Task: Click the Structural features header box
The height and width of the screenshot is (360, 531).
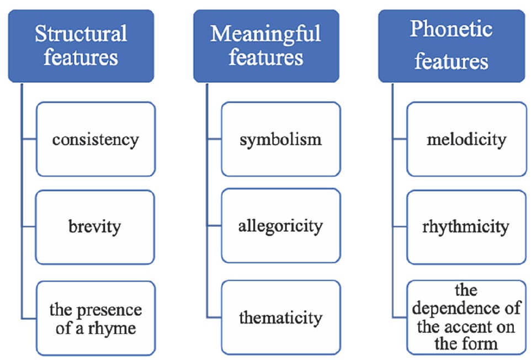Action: click(x=81, y=45)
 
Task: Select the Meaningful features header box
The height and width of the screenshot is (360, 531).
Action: click(x=265, y=45)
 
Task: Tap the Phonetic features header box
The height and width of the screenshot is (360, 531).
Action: click(x=451, y=45)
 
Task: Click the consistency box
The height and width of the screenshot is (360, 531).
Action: click(x=95, y=139)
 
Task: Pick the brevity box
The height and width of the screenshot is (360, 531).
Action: click(x=95, y=226)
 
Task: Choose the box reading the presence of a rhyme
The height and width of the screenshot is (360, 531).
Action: click(x=95, y=318)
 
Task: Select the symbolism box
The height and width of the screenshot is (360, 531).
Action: click(x=280, y=139)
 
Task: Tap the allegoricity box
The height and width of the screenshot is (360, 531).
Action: click(x=280, y=226)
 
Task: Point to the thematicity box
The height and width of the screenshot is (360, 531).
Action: click(x=280, y=318)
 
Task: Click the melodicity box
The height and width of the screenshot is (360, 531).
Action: click(x=466, y=139)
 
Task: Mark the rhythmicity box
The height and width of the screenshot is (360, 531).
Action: click(x=466, y=226)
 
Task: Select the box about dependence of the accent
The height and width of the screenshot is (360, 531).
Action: click(x=466, y=317)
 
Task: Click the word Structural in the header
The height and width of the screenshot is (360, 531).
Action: click(x=81, y=34)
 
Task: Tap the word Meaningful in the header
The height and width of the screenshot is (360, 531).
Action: click(x=265, y=34)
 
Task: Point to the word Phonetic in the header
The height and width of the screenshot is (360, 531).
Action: click(x=451, y=29)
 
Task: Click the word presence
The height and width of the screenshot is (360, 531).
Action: click(x=115, y=310)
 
